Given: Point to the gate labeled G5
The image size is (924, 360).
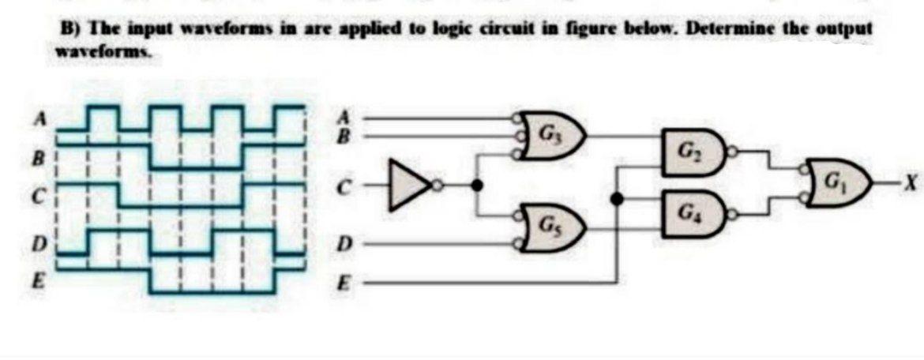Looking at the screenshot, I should coord(553,223).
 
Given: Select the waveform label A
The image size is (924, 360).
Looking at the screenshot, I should coord(36,120).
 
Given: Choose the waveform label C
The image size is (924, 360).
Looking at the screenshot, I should coord(36,190).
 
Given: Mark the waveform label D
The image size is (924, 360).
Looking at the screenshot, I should coord(36,240).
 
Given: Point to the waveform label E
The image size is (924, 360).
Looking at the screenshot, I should coord(36,279).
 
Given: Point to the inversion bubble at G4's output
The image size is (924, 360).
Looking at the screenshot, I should coord(734,212).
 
